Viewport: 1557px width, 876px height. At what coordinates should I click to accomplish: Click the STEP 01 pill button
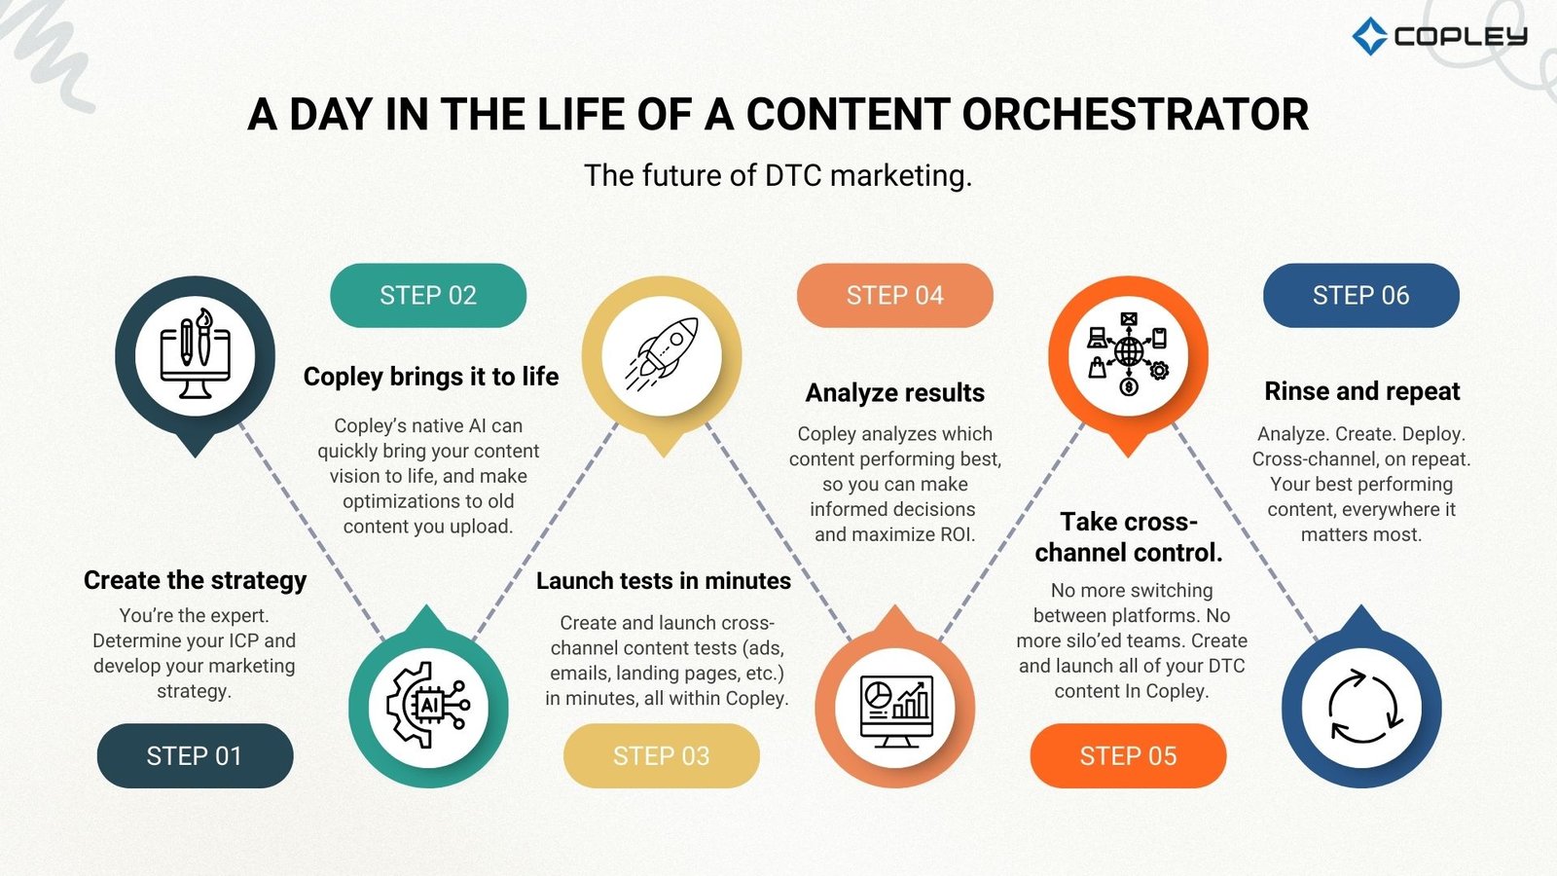pos(195,755)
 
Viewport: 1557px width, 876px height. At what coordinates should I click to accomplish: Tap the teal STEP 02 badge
pos(428,295)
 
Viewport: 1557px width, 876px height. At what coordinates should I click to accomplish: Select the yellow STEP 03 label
pos(662,755)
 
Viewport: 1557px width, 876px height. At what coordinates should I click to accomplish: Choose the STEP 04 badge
pos(894,295)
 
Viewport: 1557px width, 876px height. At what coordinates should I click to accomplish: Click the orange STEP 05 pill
pos(1128,755)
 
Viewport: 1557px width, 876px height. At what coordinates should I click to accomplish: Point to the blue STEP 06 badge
pos(1360,295)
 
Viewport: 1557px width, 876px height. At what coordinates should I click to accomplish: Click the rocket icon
pos(662,355)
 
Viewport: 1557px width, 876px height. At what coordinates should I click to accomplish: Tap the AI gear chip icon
pos(428,705)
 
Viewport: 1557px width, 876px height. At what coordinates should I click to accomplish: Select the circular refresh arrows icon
pos(1361,708)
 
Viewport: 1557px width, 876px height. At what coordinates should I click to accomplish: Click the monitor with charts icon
pos(895,708)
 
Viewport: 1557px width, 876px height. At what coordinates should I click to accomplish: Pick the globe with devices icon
pos(1128,353)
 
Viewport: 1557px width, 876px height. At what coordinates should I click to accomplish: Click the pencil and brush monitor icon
pos(195,355)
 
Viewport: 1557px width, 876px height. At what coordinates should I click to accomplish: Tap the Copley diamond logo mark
pos(1370,37)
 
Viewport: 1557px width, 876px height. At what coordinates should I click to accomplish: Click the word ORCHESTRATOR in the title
pos(1135,115)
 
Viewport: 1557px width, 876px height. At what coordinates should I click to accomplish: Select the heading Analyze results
pos(894,392)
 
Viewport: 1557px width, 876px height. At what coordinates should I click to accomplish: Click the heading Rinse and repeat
pos(1361,391)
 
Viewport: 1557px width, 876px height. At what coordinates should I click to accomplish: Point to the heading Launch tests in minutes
pos(663,581)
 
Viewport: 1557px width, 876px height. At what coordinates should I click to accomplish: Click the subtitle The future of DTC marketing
pos(778,175)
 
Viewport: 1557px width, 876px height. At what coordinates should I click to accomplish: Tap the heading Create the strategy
pos(195,580)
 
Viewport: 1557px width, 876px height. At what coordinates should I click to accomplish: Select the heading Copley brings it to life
pos(430,377)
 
